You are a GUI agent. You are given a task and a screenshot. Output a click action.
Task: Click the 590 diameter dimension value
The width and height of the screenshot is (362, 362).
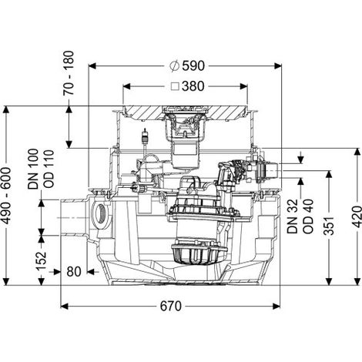[193, 65]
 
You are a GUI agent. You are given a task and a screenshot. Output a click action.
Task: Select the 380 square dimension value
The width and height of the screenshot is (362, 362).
[193, 86]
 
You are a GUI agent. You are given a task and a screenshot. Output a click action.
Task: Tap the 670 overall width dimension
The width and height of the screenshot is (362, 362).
[171, 306]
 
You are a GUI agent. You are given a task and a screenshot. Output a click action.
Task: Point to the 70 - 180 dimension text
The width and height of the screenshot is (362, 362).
[69, 73]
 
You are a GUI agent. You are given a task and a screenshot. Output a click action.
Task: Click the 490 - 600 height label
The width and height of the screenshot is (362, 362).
[7, 196]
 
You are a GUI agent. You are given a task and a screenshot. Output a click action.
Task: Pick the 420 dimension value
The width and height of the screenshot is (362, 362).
[357, 216]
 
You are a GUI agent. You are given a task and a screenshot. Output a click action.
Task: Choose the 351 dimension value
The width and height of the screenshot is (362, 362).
[329, 226]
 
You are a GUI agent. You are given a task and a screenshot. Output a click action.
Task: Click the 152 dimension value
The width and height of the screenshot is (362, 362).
[42, 261]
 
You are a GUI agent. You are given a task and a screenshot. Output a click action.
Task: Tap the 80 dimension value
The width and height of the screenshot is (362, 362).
[74, 272]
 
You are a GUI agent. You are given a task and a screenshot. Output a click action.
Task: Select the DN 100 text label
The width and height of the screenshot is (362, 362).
[33, 169]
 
